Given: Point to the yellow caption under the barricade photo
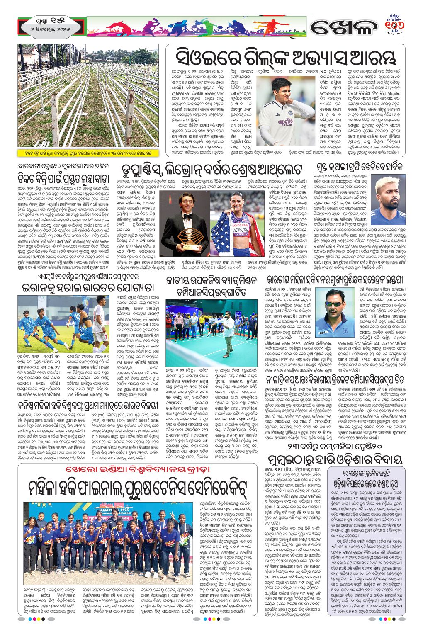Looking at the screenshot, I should (x=88, y=152).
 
